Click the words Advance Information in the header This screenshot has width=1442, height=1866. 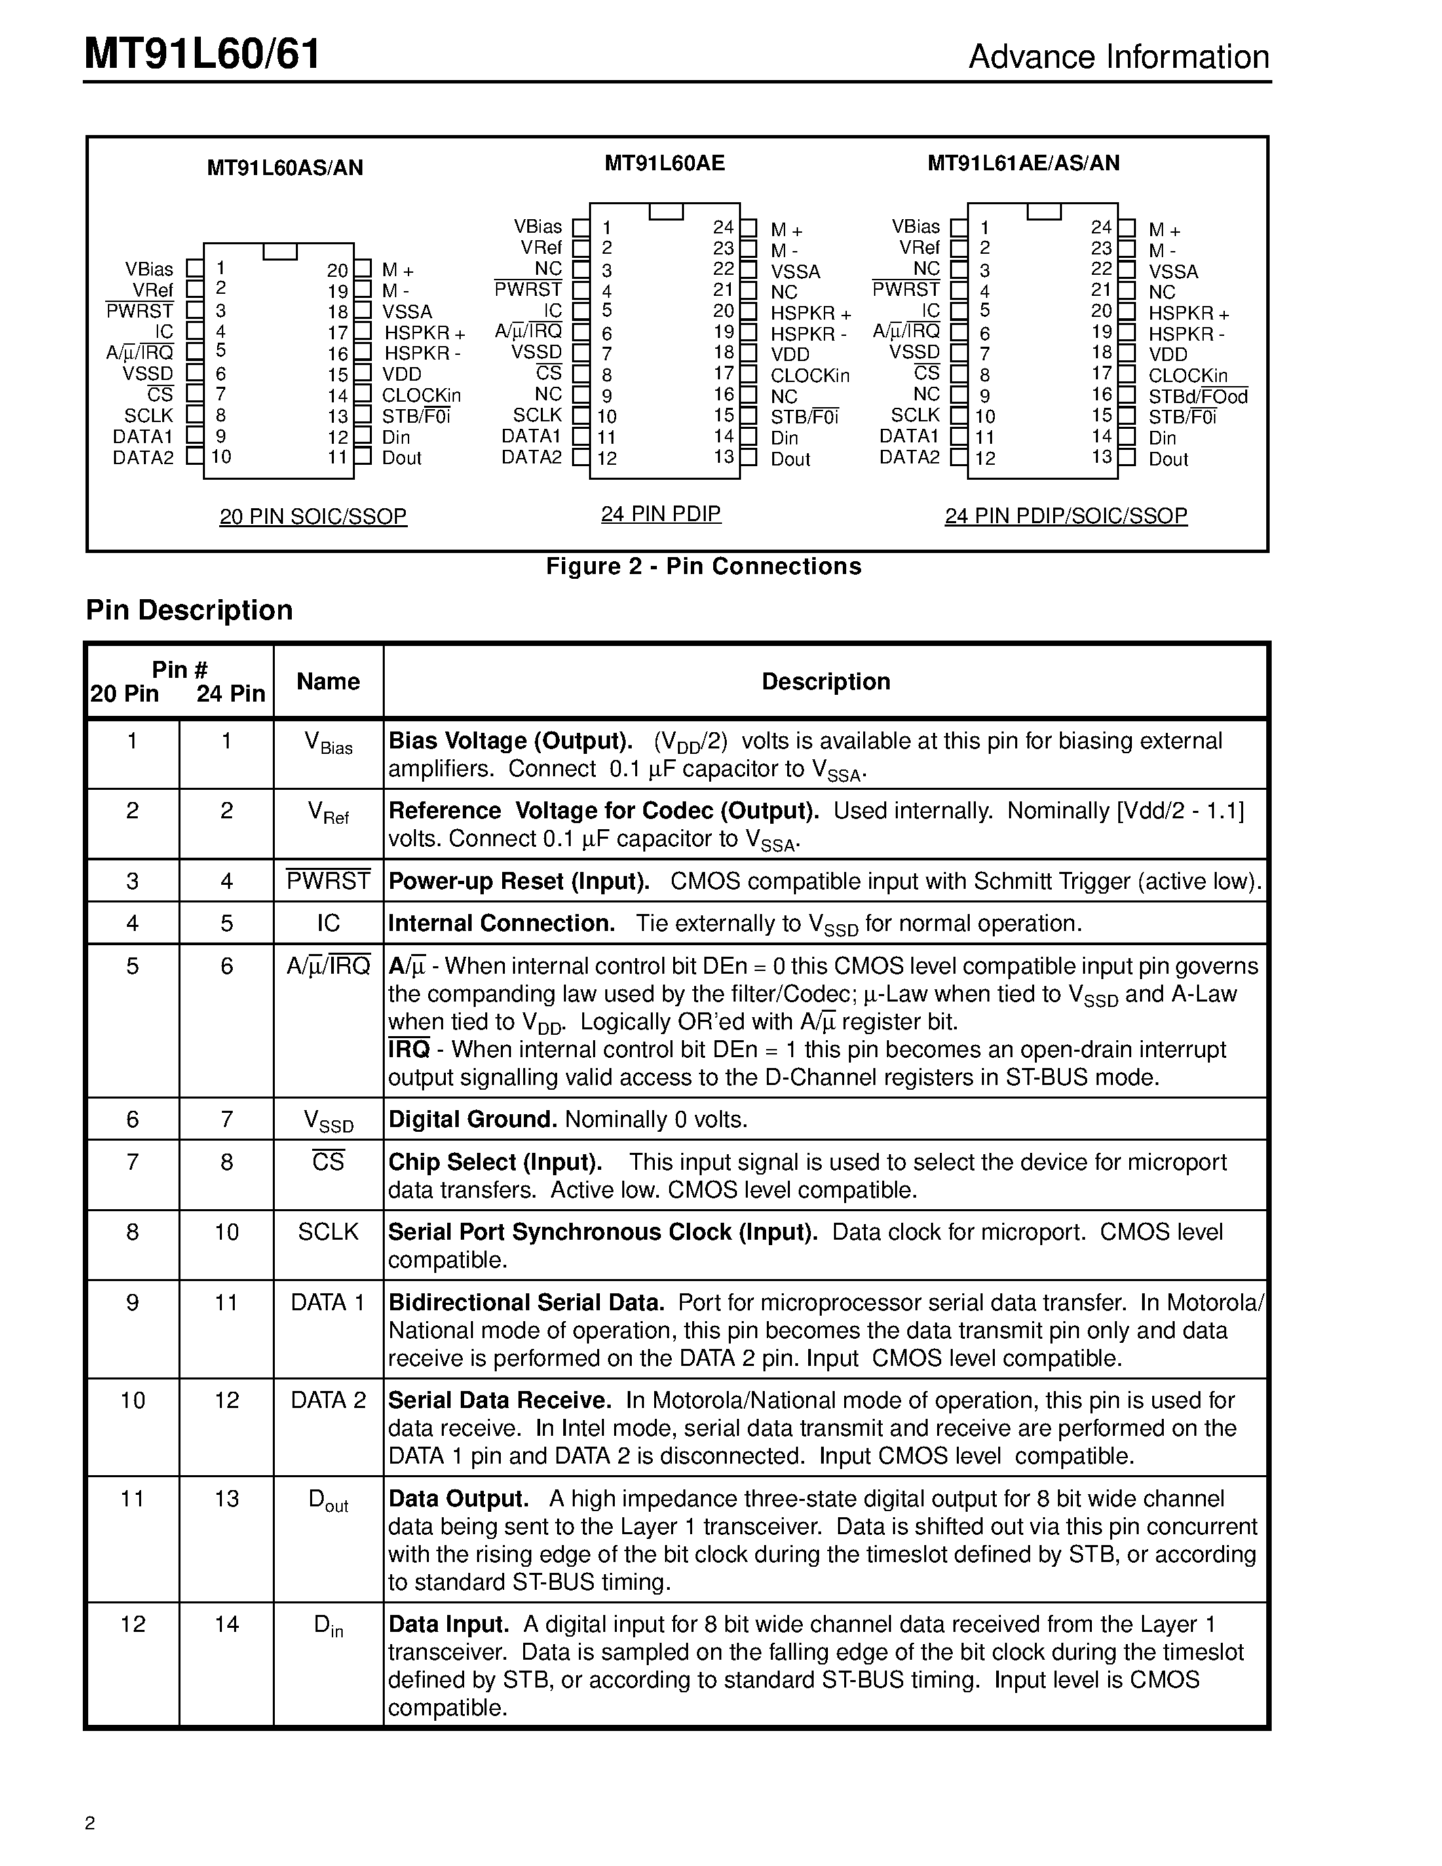coord(1118,57)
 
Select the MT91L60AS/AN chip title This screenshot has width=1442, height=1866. coord(284,168)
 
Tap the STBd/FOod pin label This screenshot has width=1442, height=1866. coord(1198,396)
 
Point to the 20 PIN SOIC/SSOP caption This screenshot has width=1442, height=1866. coord(313,517)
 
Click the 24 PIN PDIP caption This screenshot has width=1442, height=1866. coord(660,514)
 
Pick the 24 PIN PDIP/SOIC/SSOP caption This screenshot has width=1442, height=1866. coord(1065,516)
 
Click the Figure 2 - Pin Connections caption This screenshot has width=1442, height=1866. coord(703,567)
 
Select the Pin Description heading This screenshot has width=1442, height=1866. coord(189,610)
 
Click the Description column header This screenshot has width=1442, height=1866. coord(825,681)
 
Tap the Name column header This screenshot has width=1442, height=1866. coord(328,681)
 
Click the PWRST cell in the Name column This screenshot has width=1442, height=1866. coord(328,881)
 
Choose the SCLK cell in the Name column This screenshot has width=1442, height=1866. coord(328,1232)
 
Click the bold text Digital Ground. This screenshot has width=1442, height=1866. coord(472,1119)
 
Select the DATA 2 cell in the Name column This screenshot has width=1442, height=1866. coord(328,1401)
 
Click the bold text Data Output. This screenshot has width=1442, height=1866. coord(458,1499)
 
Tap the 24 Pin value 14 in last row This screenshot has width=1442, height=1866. coord(227,1624)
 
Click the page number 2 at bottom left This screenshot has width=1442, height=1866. coord(90,1823)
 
